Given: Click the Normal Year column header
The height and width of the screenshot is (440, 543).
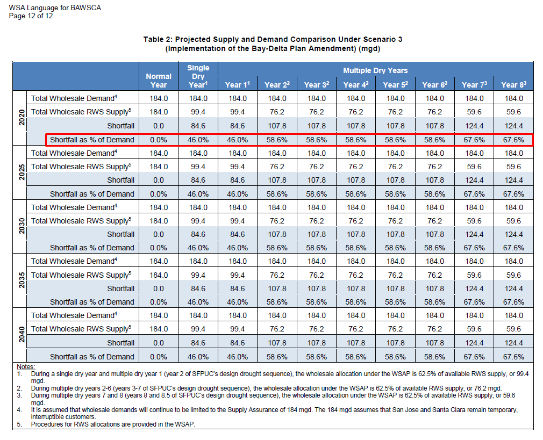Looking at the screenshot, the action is click(159, 81).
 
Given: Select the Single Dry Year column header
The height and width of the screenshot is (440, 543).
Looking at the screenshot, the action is click(198, 76).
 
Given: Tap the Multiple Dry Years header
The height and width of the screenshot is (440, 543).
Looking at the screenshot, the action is click(375, 70).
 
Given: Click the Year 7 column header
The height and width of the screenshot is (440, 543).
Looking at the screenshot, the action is click(474, 85).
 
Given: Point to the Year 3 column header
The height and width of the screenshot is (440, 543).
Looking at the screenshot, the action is click(317, 85).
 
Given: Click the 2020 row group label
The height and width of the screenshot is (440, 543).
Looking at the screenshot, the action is click(22, 117).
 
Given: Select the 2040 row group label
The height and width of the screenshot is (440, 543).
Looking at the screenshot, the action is click(22, 334).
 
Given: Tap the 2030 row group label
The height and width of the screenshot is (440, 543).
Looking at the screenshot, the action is click(22, 226).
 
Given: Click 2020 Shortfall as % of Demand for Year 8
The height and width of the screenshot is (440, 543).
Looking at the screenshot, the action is click(513, 140).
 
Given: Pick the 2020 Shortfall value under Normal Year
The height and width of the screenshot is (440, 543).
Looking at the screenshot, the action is click(159, 126).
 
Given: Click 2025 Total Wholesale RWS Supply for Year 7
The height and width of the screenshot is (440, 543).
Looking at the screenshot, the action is click(474, 167).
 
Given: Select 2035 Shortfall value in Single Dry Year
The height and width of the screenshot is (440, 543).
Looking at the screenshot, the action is click(198, 288).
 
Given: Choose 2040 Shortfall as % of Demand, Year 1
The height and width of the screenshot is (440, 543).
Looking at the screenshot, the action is click(238, 357).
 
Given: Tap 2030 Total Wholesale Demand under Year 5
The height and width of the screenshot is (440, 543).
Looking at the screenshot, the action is click(395, 207).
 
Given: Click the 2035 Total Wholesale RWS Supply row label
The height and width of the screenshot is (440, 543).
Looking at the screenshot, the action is click(81, 275).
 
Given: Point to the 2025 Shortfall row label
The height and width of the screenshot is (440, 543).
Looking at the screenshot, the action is click(120, 180).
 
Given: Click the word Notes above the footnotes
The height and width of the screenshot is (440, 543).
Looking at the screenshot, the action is click(26, 366).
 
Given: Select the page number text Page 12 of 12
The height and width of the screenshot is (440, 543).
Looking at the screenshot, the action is click(31, 16).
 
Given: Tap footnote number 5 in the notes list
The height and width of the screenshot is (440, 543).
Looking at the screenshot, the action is click(19, 424).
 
